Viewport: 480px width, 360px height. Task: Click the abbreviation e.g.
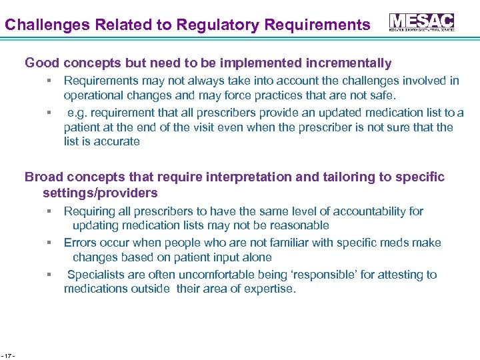(x=79, y=113)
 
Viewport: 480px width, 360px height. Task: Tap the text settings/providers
(x=100, y=193)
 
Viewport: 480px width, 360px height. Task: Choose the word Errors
(x=80, y=243)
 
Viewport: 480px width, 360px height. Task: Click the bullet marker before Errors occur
(x=49, y=243)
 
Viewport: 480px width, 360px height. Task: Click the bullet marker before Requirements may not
(x=49, y=81)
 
